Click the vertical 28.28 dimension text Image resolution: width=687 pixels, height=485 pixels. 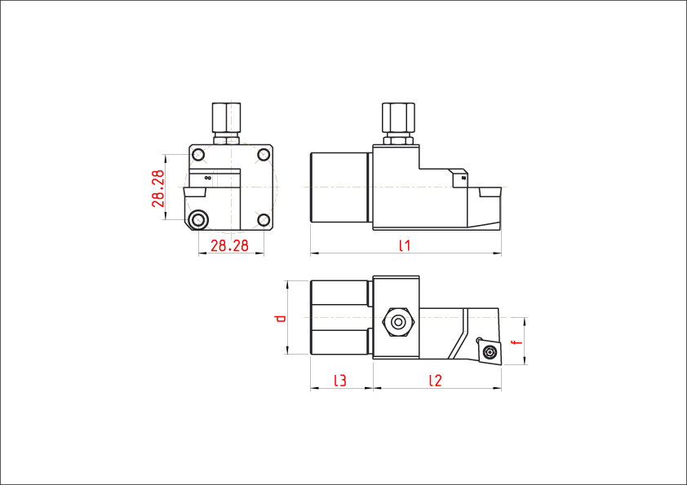(x=158, y=188)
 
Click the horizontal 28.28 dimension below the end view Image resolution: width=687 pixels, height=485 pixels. (x=229, y=246)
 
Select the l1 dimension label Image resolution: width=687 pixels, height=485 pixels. (x=404, y=245)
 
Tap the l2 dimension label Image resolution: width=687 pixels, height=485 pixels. (x=435, y=381)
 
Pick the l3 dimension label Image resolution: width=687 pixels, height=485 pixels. (x=340, y=381)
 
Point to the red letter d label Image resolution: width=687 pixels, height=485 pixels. (x=280, y=318)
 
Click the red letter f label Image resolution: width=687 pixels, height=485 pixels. (x=515, y=342)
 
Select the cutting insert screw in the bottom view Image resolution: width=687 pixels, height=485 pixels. (x=490, y=351)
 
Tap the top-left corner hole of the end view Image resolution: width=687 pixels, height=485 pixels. (x=199, y=153)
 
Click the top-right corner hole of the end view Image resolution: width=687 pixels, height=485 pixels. (x=263, y=153)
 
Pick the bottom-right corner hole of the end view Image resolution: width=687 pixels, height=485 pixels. (x=263, y=218)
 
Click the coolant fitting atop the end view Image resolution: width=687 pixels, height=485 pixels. (x=226, y=117)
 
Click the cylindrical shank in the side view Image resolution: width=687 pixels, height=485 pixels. (x=339, y=187)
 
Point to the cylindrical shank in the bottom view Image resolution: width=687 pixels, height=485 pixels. (x=339, y=317)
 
